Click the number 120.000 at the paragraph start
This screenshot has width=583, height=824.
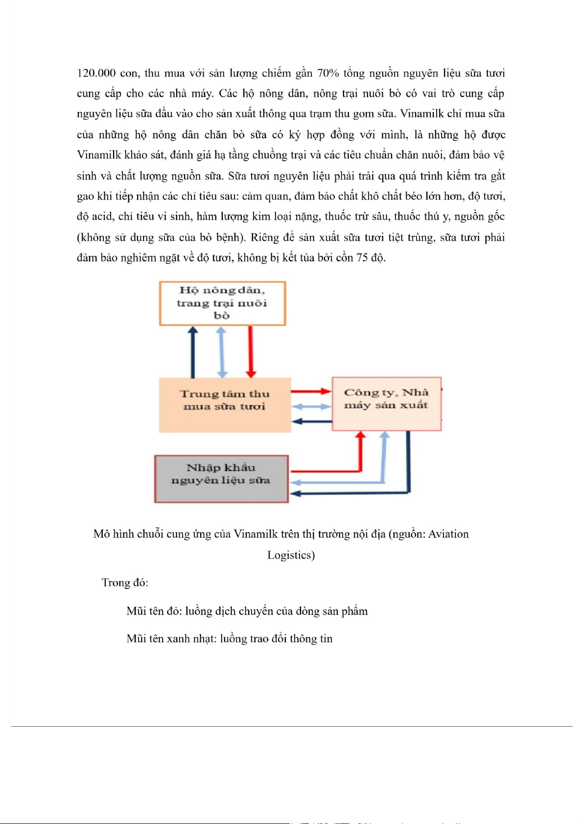pyautogui.click(x=96, y=73)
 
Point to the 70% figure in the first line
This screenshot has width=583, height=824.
pyautogui.click(x=328, y=73)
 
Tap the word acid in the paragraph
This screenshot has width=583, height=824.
pyautogui.click(x=102, y=217)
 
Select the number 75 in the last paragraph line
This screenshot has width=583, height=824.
pyautogui.click(x=362, y=258)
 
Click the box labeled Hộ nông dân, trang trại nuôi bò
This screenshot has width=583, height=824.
pyautogui.click(x=222, y=303)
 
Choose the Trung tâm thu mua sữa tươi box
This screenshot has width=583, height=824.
pyautogui.click(x=225, y=405)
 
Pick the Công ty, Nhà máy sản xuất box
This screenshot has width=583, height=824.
pyautogui.click(x=386, y=404)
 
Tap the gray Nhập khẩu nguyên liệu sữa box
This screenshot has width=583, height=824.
pyautogui.click(x=221, y=479)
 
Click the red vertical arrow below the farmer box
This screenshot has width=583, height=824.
pyautogui.click(x=251, y=351)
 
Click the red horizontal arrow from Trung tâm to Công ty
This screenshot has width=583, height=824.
pyautogui.click(x=311, y=391)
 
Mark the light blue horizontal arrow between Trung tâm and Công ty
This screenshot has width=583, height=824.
pyautogui.click(x=311, y=406)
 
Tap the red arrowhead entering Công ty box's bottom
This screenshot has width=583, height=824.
pyautogui.click(x=361, y=435)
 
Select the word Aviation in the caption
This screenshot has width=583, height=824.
pyautogui.click(x=448, y=534)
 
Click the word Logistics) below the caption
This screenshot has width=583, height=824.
pyautogui.click(x=291, y=555)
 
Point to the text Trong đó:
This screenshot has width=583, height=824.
pyautogui.click(x=125, y=582)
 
